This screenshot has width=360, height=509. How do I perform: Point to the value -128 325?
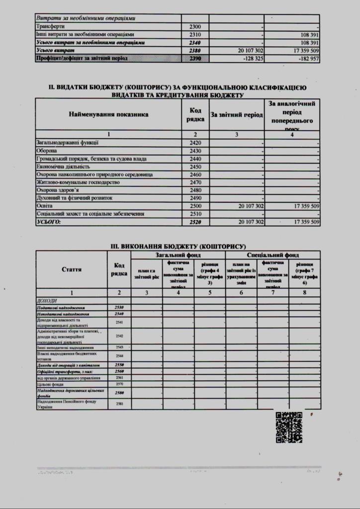click(x=251, y=59)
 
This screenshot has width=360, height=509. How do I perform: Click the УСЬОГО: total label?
click(x=49, y=222)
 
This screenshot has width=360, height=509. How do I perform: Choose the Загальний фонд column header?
click(x=178, y=254)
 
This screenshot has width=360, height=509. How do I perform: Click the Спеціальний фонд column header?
click(x=272, y=254)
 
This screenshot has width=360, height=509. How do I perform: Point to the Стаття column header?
click(x=72, y=269)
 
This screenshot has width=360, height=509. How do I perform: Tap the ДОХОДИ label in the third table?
click(x=47, y=301)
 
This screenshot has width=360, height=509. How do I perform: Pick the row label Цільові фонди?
click(x=49, y=384)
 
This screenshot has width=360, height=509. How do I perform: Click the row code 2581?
click(x=119, y=404)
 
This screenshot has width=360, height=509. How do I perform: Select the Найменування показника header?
click(x=108, y=114)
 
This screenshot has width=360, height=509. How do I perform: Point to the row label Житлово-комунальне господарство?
click(x=79, y=182)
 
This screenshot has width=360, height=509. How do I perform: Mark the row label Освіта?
click(x=44, y=206)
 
